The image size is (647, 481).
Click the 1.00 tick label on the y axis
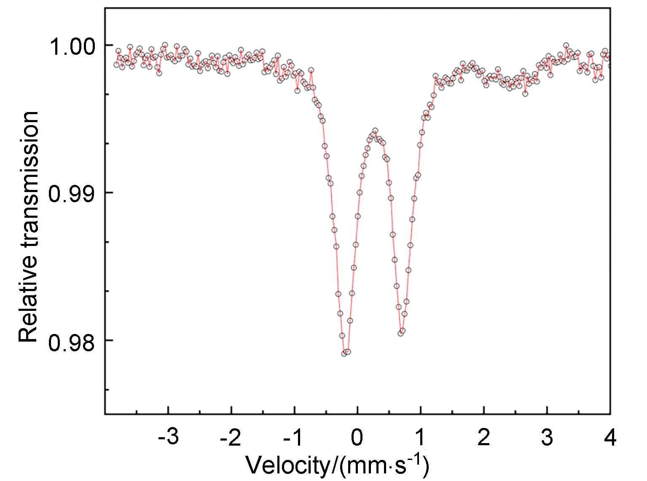tap(73, 47)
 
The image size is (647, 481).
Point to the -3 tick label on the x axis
tap(168, 438)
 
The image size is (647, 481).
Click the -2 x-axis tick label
tap(231, 438)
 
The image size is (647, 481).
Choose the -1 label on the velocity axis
tap(294, 438)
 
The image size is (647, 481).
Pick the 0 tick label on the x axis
tap(357, 438)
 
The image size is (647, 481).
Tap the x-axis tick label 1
tap(420, 438)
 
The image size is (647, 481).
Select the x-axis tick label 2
tap(484, 438)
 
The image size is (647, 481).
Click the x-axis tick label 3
tap(547, 438)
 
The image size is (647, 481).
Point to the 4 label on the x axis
tap(610, 438)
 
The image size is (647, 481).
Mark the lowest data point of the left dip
tap(344, 353)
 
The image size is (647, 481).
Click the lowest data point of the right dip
tap(400, 333)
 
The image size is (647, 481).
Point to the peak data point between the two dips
tap(375, 131)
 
